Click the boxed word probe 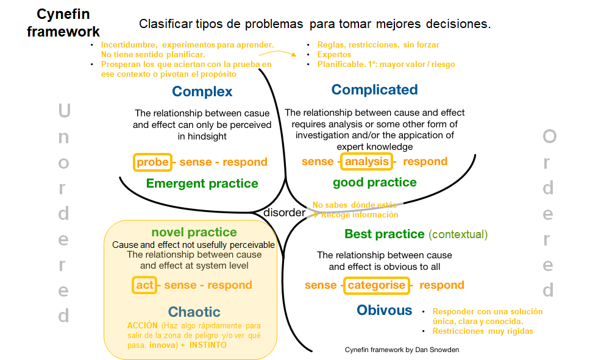point(152,162)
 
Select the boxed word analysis point(366,161)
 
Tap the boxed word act point(144,285)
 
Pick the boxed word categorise point(376,285)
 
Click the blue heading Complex point(202,91)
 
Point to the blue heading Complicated point(374,90)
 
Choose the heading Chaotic point(194,312)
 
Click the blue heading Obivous point(384,310)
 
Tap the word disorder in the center point(284,213)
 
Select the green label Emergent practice point(202,183)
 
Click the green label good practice point(375,183)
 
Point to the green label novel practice point(194,232)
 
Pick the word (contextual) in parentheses point(458,235)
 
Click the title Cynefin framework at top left point(63,23)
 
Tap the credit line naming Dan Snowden point(402,350)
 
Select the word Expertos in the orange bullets point(334,55)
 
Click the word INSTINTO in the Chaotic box point(208,345)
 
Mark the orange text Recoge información point(360,215)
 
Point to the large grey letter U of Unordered point(65,111)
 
